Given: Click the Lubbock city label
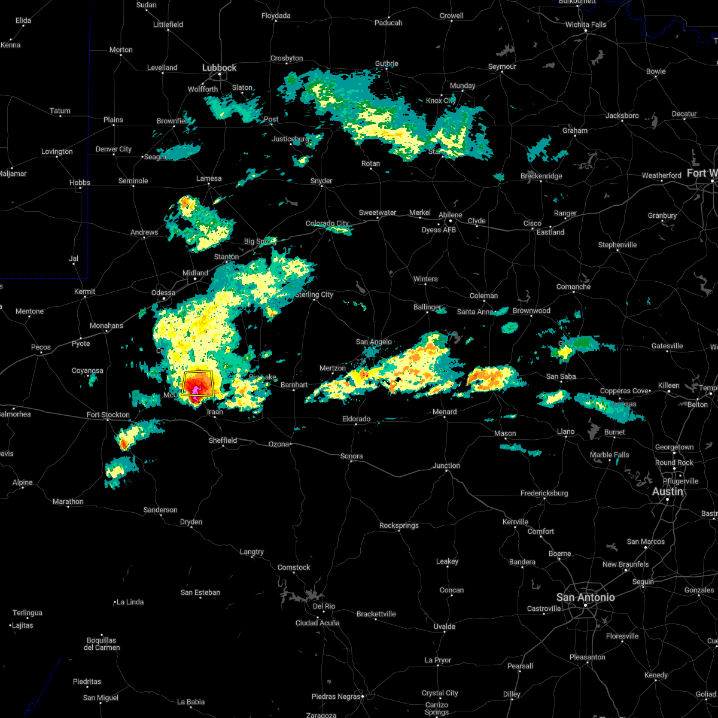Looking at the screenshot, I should (x=219, y=68).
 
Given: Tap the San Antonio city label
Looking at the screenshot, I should (x=585, y=597).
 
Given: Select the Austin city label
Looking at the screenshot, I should (x=667, y=491).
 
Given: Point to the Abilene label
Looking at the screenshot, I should (x=450, y=215).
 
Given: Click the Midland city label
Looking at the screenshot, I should (x=195, y=273).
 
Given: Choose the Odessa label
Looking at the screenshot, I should (x=163, y=293).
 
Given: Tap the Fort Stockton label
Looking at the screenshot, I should (x=108, y=415).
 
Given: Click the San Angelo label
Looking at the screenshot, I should (x=373, y=342).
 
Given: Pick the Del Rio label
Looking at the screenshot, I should (x=324, y=606).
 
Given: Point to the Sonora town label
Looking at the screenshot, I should (x=351, y=456).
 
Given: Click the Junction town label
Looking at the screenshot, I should (x=446, y=466).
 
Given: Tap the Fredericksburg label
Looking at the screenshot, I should (x=544, y=493).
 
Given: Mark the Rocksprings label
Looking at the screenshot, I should (x=398, y=525).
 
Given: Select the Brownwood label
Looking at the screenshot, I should (x=531, y=311).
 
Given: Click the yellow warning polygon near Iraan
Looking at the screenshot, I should (x=197, y=383).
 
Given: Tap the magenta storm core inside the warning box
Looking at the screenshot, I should (x=196, y=391).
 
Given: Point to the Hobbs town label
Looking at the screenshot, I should (x=79, y=182).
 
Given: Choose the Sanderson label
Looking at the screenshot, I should (x=160, y=510).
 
